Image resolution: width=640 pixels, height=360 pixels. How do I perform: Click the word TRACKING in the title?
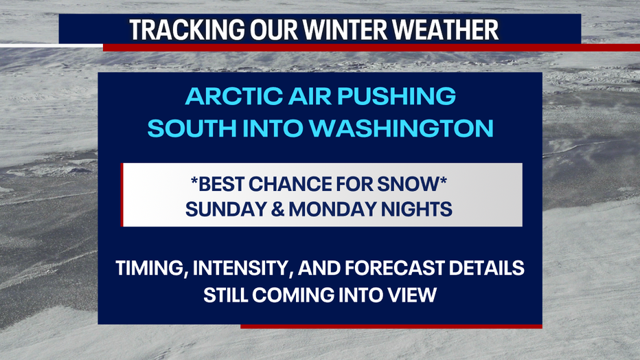pyautogui.click(x=187, y=30)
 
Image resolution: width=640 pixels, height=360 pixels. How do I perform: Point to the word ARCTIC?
pyautogui.click(x=234, y=96)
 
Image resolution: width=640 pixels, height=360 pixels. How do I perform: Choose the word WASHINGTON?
pyautogui.click(x=401, y=128)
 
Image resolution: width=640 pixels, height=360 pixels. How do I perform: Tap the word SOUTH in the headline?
pyautogui.click(x=192, y=128)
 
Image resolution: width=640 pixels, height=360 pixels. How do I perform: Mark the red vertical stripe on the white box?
pyautogui.click(x=122, y=194)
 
